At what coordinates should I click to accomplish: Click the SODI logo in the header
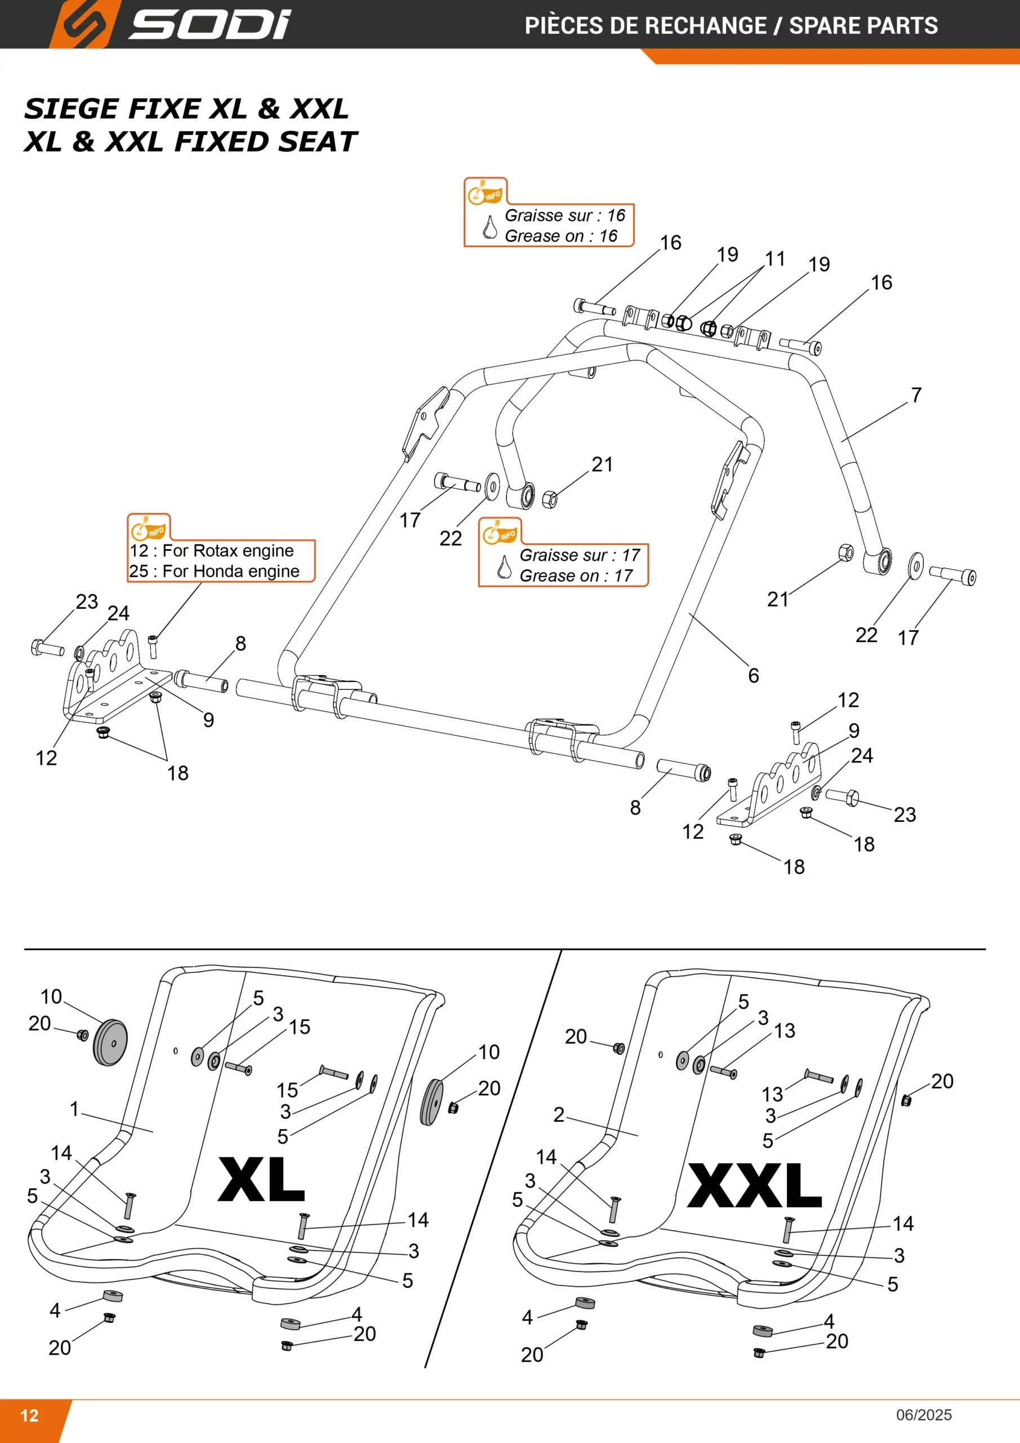click(170, 24)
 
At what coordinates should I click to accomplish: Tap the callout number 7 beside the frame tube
click(916, 395)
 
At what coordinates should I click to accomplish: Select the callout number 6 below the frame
click(754, 676)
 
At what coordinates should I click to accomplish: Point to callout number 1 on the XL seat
click(74, 1109)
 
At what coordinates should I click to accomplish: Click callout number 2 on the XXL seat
click(559, 1115)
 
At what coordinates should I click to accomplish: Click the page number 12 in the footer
click(29, 1415)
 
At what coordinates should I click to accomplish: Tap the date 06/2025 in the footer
click(924, 1415)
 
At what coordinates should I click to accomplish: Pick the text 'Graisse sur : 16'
click(565, 215)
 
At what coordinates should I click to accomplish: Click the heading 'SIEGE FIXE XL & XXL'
click(186, 109)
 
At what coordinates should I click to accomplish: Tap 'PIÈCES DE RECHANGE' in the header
click(645, 26)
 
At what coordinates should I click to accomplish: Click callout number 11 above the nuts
click(775, 258)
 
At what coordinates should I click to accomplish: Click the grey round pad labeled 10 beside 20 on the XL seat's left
click(110, 1043)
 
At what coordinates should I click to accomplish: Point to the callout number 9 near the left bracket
click(208, 720)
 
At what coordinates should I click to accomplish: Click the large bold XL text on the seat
click(261, 1180)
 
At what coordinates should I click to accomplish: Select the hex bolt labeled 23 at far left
click(47, 647)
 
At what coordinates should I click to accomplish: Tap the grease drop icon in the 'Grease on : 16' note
click(490, 228)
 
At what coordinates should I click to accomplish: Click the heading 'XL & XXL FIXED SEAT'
click(191, 141)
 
